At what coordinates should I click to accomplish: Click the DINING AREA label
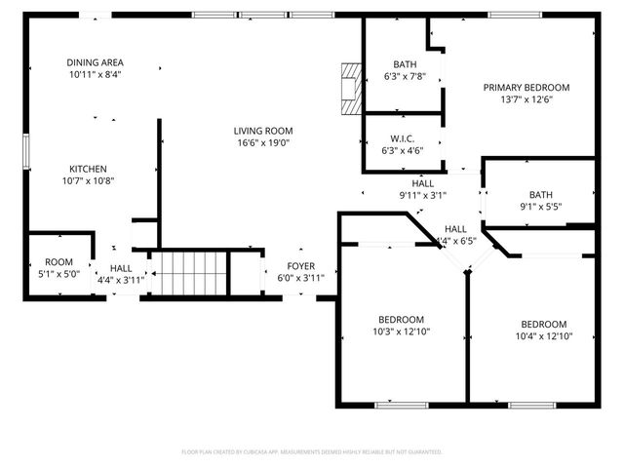pos(95,60)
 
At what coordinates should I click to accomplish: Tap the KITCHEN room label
pos(88,169)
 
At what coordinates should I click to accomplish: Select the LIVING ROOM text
pos(262,131)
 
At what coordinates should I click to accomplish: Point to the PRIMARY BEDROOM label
pos(526,87)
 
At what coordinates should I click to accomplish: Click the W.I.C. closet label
pos(401,137)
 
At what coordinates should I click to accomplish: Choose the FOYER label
pos(300,266)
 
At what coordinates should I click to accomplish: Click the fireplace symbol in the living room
pos(350,90)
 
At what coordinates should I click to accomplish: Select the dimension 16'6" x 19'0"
pos(262,143)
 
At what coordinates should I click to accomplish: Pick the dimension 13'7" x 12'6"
pos(526,98)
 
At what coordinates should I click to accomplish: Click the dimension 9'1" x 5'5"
pos(540,205)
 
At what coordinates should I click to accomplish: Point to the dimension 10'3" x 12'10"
pos(401,331)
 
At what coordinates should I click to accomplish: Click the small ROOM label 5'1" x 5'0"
pos(58,262)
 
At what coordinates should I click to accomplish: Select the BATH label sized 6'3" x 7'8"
pos(404,64)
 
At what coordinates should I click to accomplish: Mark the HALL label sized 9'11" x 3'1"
pos(423,183)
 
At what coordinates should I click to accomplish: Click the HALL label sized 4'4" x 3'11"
pos(121,268)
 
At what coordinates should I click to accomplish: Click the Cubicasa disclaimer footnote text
pos(312,452)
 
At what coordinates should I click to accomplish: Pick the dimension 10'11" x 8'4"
pos(95,73)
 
